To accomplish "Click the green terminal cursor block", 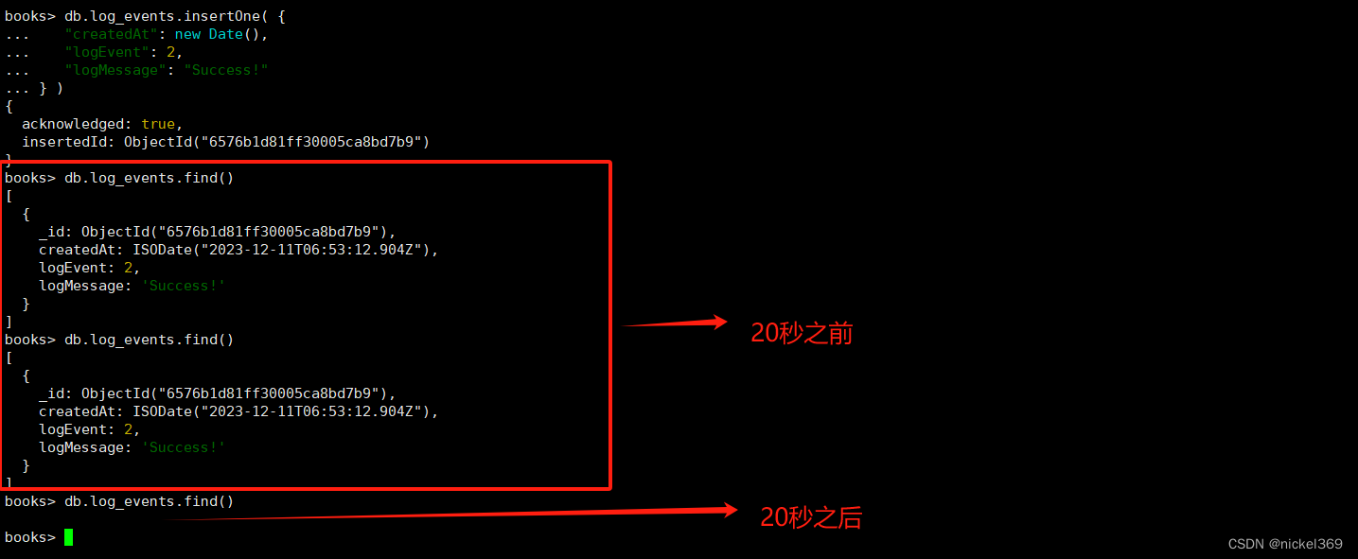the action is pos(68,537).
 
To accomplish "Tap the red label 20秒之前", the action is pos(802,333).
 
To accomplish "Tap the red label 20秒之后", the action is pos(811,517).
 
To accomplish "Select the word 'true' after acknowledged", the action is pos(158,124).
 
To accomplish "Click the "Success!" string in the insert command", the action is pos(230,70).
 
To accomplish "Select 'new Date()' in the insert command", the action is pos(221,34).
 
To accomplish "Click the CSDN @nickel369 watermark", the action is pos(1285,544).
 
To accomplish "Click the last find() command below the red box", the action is pos(149,501).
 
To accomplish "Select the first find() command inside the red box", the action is pos(149,178).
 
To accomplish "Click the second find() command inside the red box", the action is pos(149,340).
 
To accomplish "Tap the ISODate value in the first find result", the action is pos(285,250).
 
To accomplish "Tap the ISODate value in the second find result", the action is pos(285,411).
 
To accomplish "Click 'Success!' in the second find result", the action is pos(184,447).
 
